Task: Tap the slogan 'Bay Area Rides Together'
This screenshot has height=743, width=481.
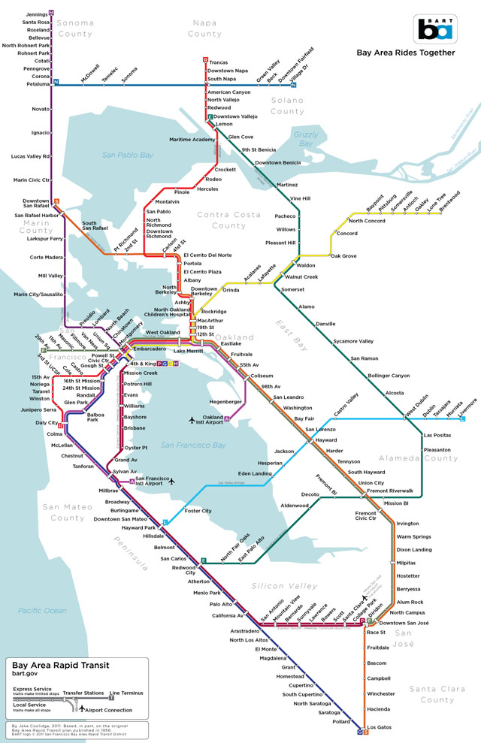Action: pyautogui.click(x=405, y=53)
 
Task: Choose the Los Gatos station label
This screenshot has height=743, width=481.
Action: pyautogui.click(x=382, y=727)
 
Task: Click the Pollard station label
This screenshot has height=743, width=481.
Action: pyautogui.click(x=342, y=720)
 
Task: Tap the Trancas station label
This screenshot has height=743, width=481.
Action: pyautogui.click(x=219, y=62)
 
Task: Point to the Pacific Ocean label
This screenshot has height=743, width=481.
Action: pyautogui.click(x=43, y=611)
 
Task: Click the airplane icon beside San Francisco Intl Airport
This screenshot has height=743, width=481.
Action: pyautogui.click(x=172, y=481)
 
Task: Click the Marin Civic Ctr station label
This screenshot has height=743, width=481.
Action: pyautogui.click(x=31, y=180)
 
